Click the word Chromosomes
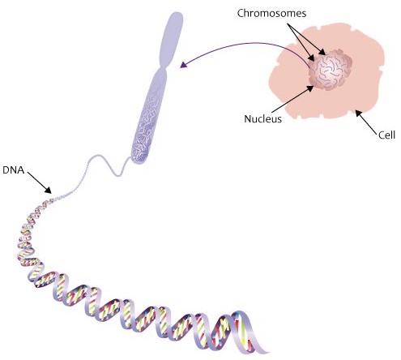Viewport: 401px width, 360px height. pos(271,13)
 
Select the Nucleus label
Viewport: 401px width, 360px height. pos(262,119)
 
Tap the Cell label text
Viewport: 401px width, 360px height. pos(386,135)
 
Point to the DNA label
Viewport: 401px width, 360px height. pos(14,170)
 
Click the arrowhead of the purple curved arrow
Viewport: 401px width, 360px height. pos(184,65)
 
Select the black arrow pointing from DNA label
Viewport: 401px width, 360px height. pos(40,182)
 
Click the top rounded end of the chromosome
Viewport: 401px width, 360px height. pos(175,18)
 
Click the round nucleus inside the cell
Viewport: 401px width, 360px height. pos(330,70)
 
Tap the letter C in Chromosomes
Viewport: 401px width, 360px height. pos(241,13)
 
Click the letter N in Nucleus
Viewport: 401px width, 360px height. pos(247,119)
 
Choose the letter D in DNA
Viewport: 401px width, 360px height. pos(6,170)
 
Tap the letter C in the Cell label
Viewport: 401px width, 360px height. pos(382,135)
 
